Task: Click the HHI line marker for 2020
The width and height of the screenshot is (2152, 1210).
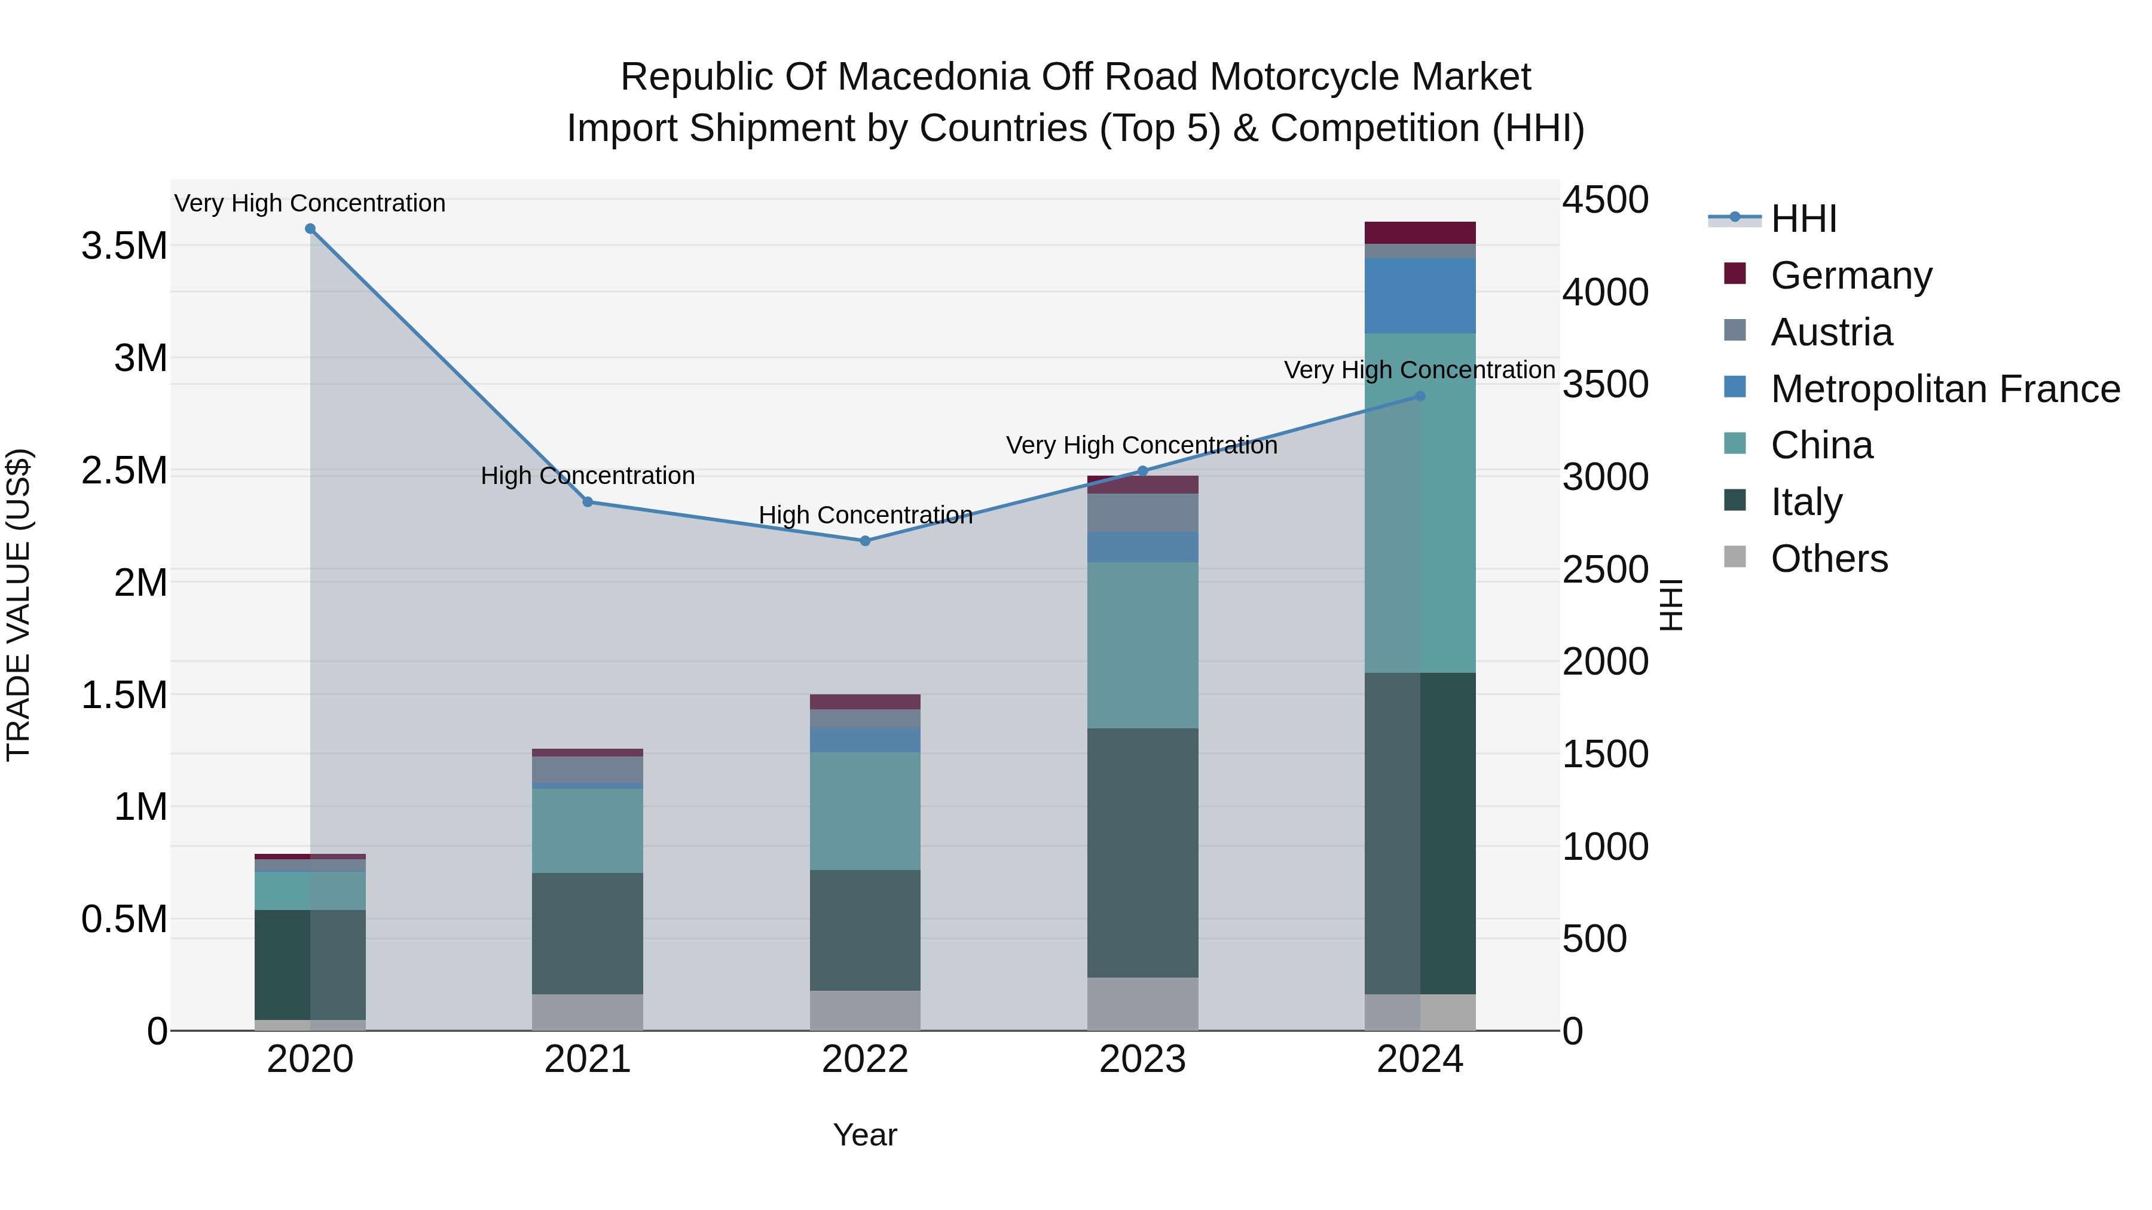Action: tap(310, 229)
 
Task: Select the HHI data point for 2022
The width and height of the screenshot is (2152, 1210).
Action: tap(866, 541)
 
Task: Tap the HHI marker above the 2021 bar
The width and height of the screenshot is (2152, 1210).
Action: tap(587, 502)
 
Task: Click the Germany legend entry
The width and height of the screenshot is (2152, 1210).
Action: tap(1850, 275)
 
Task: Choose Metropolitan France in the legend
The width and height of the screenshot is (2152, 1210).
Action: tap(1944, 389)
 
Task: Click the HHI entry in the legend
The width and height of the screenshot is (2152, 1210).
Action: tap(1803, 219)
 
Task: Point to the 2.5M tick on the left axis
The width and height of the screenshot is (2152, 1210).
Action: tap(124, 471)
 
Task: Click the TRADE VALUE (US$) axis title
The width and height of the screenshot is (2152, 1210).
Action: tap(19, 605)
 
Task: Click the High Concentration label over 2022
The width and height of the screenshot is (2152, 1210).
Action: tap(866, 515)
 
